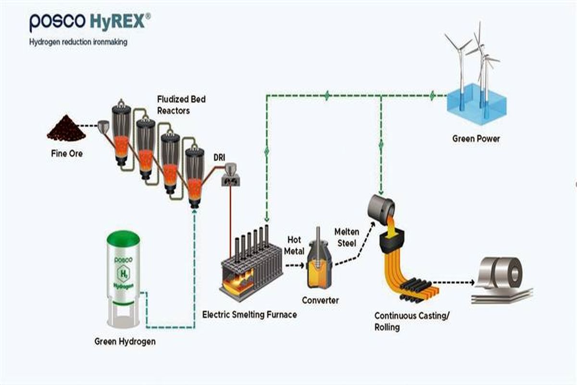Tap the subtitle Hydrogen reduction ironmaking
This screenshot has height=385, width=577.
point(78,42)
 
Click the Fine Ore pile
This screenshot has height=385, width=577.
point(66,128)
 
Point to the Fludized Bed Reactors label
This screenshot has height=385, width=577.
point(181,105)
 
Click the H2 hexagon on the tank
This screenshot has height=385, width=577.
point(122,275)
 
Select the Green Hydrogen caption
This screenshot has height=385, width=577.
point(125,342)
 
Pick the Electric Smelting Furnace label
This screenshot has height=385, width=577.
point(249,315)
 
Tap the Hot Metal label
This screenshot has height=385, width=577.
point(294,245)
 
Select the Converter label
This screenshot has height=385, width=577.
point(320,300)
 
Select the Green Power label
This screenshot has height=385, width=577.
point(476,139)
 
